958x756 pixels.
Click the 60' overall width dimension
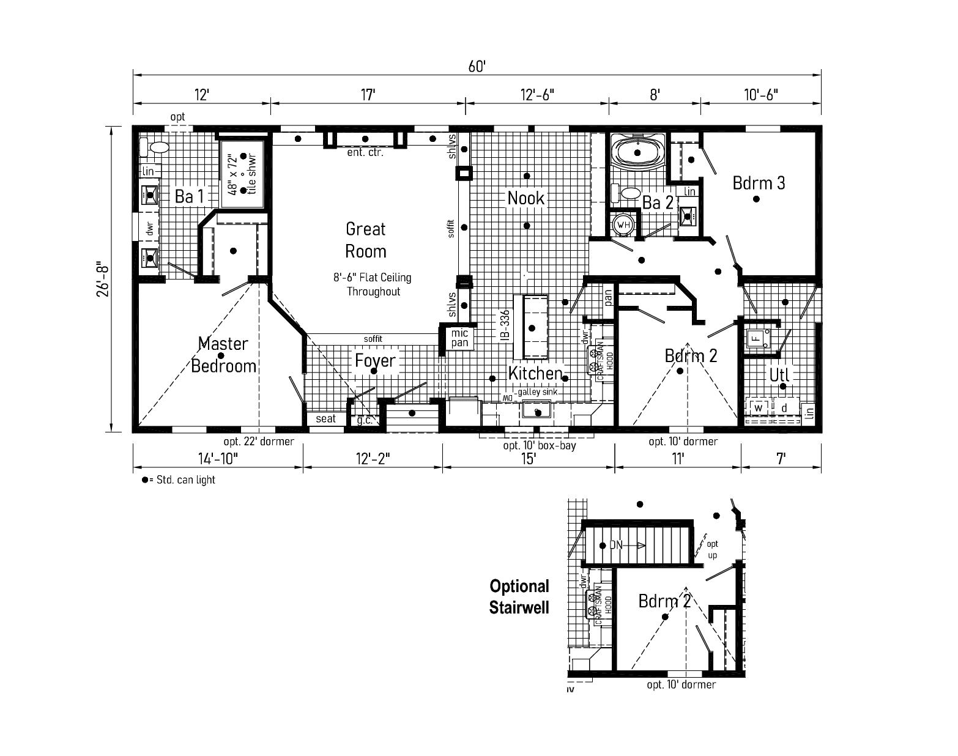click(x=477, y=66)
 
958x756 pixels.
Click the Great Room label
click(x=366, y=240)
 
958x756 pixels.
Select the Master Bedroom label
click(x=223, y=355)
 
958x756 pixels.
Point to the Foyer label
click(x=376, y=360)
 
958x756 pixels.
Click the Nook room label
click(x=526, y=198)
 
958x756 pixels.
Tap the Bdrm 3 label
click(x=759, y=182)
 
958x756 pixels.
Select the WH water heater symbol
click(x=623, y=224)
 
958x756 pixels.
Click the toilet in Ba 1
click(x=158, y=147)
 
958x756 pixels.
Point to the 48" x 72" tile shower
click(x=242, y=174)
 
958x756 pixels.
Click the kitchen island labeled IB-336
click(x=530, y=327)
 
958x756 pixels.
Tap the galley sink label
click(x=537, y=392)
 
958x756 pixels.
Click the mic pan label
click(x=459, y=338)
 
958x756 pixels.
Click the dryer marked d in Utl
click(x=784, y=407)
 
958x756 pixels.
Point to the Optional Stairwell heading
click(x=519, y=596)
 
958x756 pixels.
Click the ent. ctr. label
click(x=365, y=152)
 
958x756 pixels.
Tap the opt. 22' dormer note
click(x=259, y=441)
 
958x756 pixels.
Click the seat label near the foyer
click(x=325, y=418)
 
